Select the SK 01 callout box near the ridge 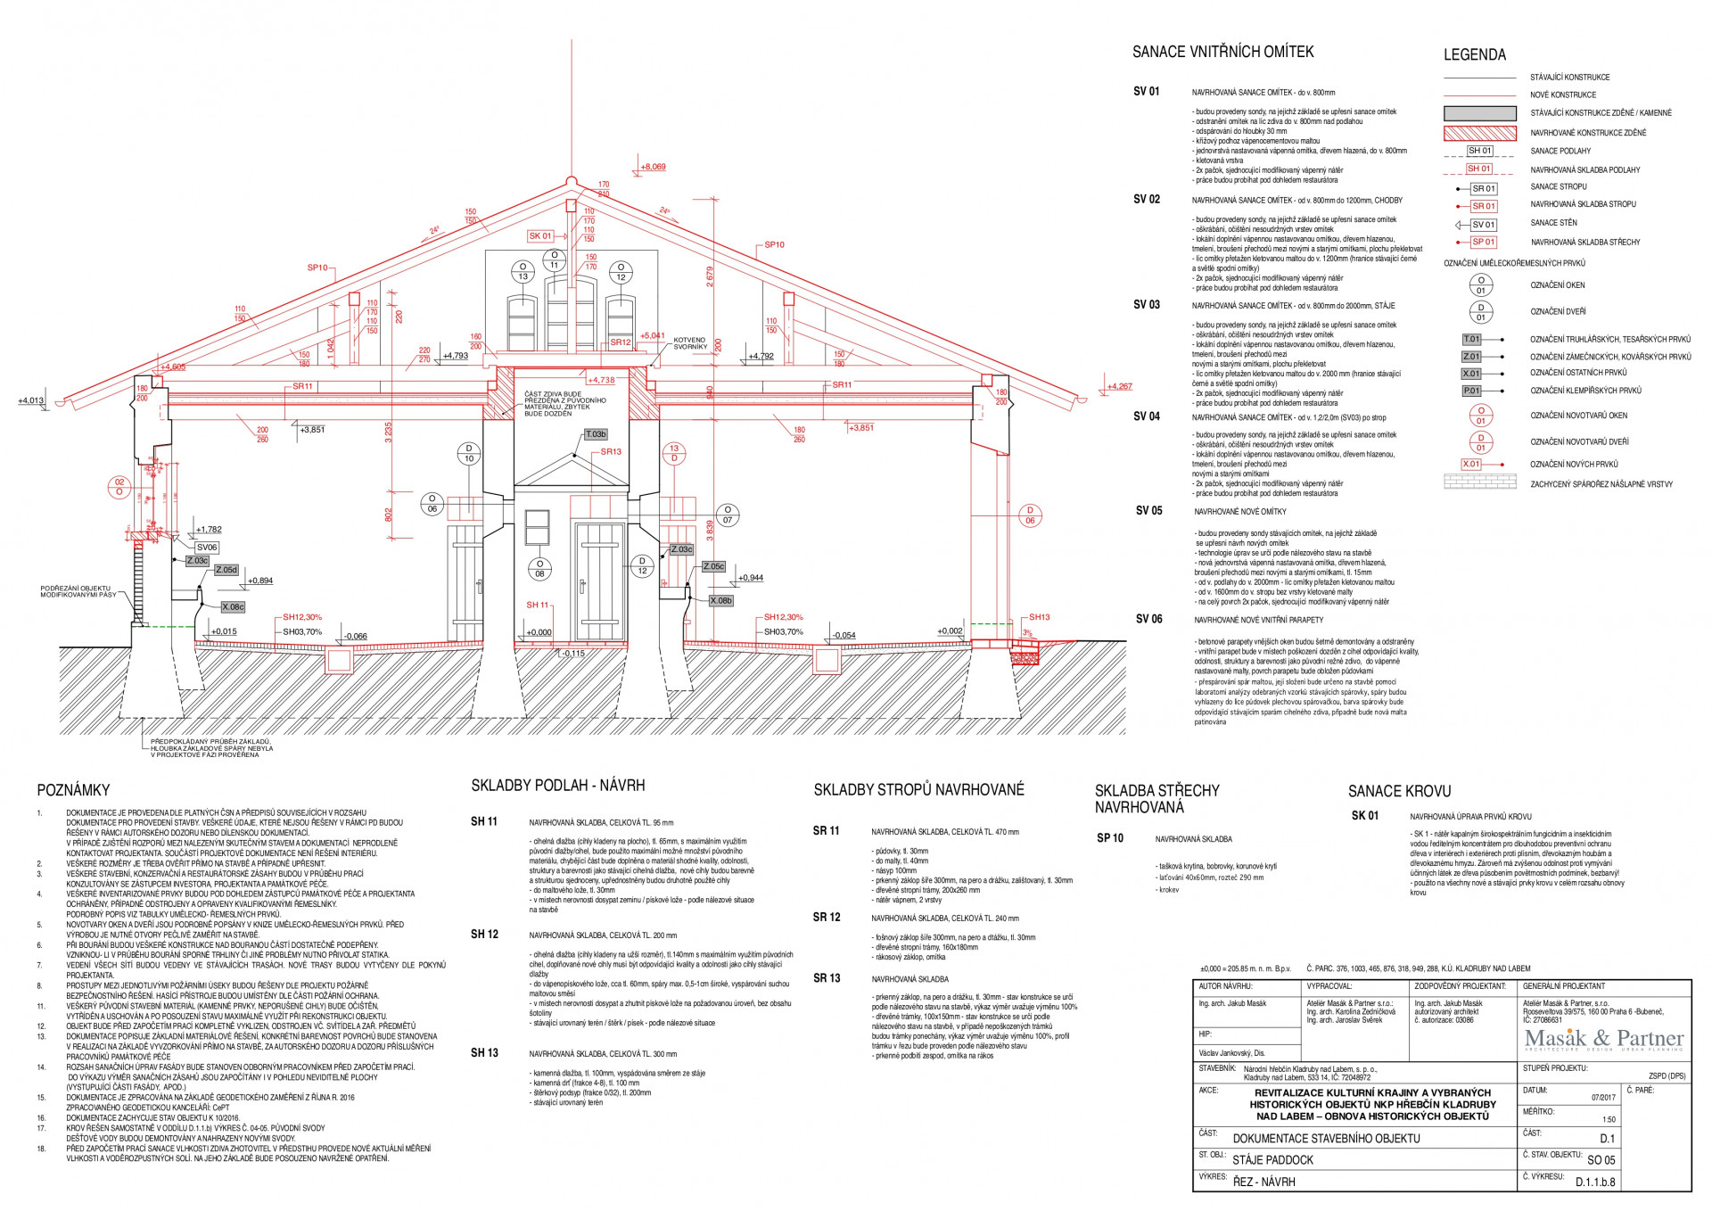tap(540, 236)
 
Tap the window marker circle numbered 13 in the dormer tap(523, 272)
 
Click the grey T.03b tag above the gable tap(596, 434)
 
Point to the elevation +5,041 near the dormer tap(653, 336)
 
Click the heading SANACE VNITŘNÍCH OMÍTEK tap(1222, 52)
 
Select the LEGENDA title tap(1474, 55)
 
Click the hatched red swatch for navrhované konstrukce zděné tap(1479, 133)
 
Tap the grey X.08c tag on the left tap(233, 606)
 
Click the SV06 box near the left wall tap(207, 548)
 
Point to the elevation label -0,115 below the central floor tap(573, 654)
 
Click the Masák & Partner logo tap(1603, 1039)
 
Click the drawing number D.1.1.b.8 tap(1594, 1182)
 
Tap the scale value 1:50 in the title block tap(1609, 1119)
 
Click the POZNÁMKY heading tap(73, 790)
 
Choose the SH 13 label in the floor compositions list tap(484, 1053)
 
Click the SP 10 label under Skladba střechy tap(1110, 838)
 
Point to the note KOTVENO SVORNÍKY tap(690, 343)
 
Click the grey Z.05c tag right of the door tap(714, 566)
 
